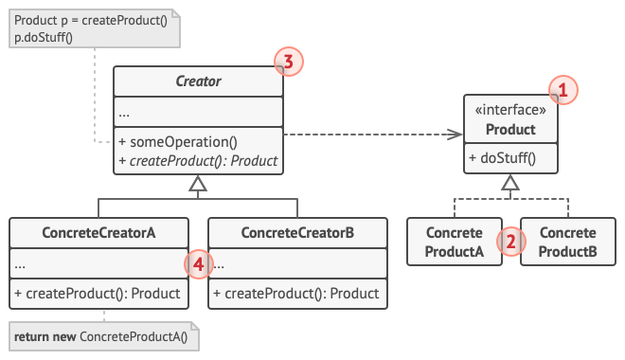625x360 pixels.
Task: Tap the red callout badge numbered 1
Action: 562,91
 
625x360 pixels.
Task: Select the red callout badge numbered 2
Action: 510,241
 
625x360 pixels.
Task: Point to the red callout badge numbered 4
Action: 198,265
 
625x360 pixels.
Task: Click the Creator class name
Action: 198,81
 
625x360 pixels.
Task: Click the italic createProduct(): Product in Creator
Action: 198,161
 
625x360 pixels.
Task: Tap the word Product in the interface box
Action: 510,129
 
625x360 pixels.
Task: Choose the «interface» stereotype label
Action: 510,111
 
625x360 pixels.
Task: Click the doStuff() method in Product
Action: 502,158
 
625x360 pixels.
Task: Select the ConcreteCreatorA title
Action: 98,233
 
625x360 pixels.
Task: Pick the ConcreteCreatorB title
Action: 297,233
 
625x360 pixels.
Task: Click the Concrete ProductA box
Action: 455,242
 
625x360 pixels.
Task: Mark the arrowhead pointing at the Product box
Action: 456,135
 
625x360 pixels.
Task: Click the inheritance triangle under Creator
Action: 198,186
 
